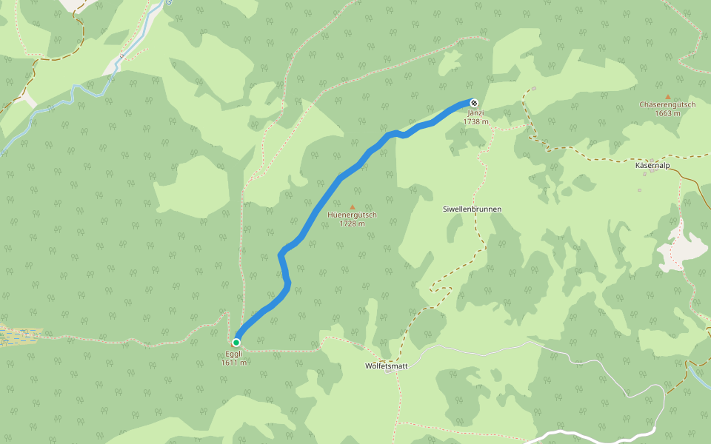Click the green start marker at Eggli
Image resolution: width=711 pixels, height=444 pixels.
pyautogui.click(x=236, y=343)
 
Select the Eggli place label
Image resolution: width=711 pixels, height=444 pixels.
pyautogui.click(x=234, y=354)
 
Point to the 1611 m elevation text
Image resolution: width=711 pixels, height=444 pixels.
pyautogui.click(x=234, y=363)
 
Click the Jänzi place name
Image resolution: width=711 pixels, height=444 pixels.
pyautogui.click(x=475, y=112)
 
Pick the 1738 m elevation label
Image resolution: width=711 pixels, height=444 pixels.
pyautogui.click(x=475, y=121)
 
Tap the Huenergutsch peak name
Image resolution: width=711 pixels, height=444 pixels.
pyautogui.click(x=352, y=215)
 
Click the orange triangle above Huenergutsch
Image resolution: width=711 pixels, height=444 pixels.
pyautogui.click(x=352, y=206)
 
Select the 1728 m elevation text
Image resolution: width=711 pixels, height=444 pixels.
pyautogui.click(x=352, y=223)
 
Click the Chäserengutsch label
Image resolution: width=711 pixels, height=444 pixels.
pyautogui.click(x=667, y=105)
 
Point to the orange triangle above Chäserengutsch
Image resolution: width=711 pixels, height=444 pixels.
pyautogui.click(x=667, y=97)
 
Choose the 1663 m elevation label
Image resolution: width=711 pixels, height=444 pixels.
pyautogui.click(x=667, y=113)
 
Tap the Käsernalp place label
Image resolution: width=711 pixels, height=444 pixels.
pyautogui.click(x=652, y=165)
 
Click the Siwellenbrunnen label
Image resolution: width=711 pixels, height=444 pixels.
pyautogui.click(x=472, y=209)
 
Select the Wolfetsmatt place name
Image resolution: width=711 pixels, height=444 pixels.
pyautogui.click(x=387, y=366)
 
